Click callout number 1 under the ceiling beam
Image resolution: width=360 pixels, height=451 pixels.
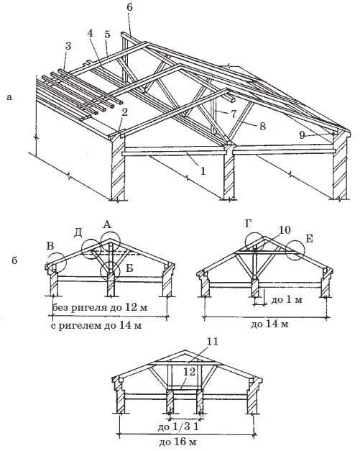(203, 171)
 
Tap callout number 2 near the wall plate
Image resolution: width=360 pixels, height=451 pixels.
(124, 112)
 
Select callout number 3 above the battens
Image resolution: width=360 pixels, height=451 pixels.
(68, 46)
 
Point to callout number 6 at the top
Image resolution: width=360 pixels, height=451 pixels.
(129, 7)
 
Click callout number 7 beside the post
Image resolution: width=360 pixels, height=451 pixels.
(234, 114)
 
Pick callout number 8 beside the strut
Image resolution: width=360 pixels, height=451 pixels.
(262, 127)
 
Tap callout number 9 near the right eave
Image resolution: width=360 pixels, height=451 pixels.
(302, 135)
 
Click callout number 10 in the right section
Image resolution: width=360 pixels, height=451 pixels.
(284, 229)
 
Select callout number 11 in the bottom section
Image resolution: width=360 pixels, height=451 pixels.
(213, 342)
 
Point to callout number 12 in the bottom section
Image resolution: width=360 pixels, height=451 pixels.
(190, 371)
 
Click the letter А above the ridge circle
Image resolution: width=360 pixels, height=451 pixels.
(107, 224)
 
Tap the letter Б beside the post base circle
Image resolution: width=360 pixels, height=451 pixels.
(130, 268)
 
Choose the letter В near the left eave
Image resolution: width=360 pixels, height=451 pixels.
(50, 246)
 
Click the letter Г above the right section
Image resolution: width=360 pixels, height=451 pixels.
(249, 224)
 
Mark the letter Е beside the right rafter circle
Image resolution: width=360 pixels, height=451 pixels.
(309, 239)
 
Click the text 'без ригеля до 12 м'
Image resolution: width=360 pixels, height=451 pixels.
(100, 307)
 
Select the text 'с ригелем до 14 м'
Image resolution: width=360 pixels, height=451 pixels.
(96, 326)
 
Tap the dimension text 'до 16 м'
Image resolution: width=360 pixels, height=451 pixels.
(178, 441)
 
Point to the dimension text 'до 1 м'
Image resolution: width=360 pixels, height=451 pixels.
(287, 300)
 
